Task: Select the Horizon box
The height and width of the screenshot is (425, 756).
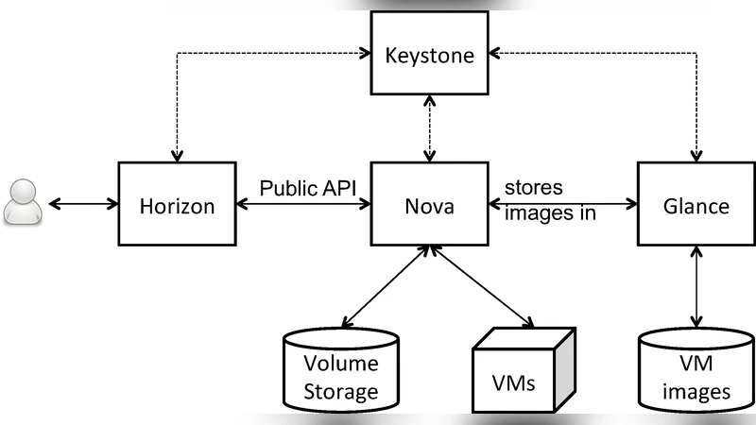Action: (179, 204)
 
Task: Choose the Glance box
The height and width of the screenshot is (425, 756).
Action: (696, 204)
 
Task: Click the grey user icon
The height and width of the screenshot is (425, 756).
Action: (22, 202)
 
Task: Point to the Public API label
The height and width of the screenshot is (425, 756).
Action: (308, 187)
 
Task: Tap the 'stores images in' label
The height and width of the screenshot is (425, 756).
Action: (550, 199)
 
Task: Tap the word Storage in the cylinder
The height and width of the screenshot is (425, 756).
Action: (341, 391)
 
